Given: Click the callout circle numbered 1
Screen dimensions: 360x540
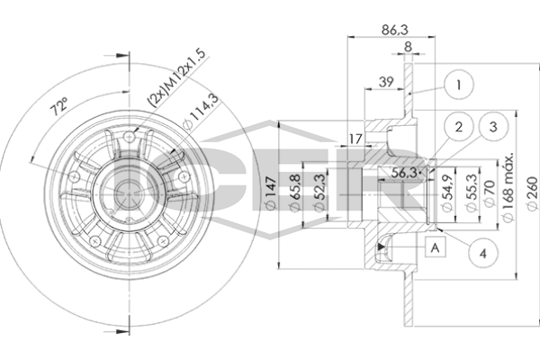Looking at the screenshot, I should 458,87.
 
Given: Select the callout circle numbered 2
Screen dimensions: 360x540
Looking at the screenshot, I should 458,127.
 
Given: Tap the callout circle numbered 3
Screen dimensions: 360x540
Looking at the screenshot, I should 491,127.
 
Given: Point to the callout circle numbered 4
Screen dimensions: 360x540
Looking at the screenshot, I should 483,255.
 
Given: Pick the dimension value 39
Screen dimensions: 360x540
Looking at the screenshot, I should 386,82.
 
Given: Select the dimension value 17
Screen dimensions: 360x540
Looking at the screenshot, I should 355,138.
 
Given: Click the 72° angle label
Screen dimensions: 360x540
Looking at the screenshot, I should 59,107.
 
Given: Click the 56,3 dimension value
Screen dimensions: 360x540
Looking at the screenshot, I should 404,173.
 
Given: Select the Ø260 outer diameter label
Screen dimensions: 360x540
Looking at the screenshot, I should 531,192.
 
